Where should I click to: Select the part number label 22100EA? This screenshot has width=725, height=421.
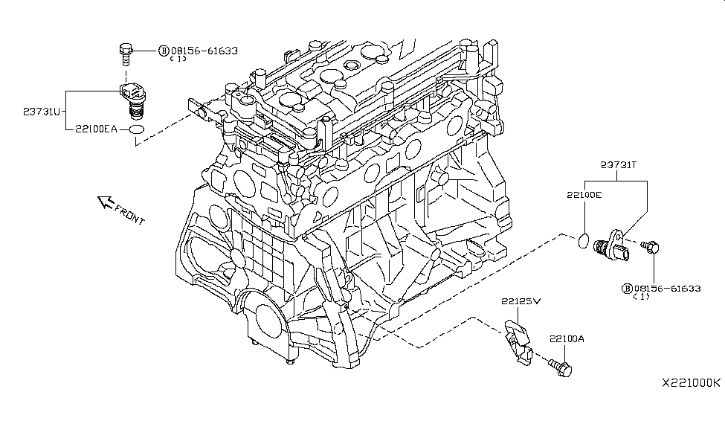click(95, 129)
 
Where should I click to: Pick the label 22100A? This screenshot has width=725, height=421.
click(567, 338)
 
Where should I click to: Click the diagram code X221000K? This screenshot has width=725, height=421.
click(691, 382)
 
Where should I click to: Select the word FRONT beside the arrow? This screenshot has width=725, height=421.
click(130, 215)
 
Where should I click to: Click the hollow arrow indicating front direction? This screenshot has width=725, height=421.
click(104, 202)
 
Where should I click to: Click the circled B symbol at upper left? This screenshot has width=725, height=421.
click(163, 51)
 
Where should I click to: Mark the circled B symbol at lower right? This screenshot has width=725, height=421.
click(626, 288)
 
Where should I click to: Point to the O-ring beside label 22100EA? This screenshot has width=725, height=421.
click(135, 131)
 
